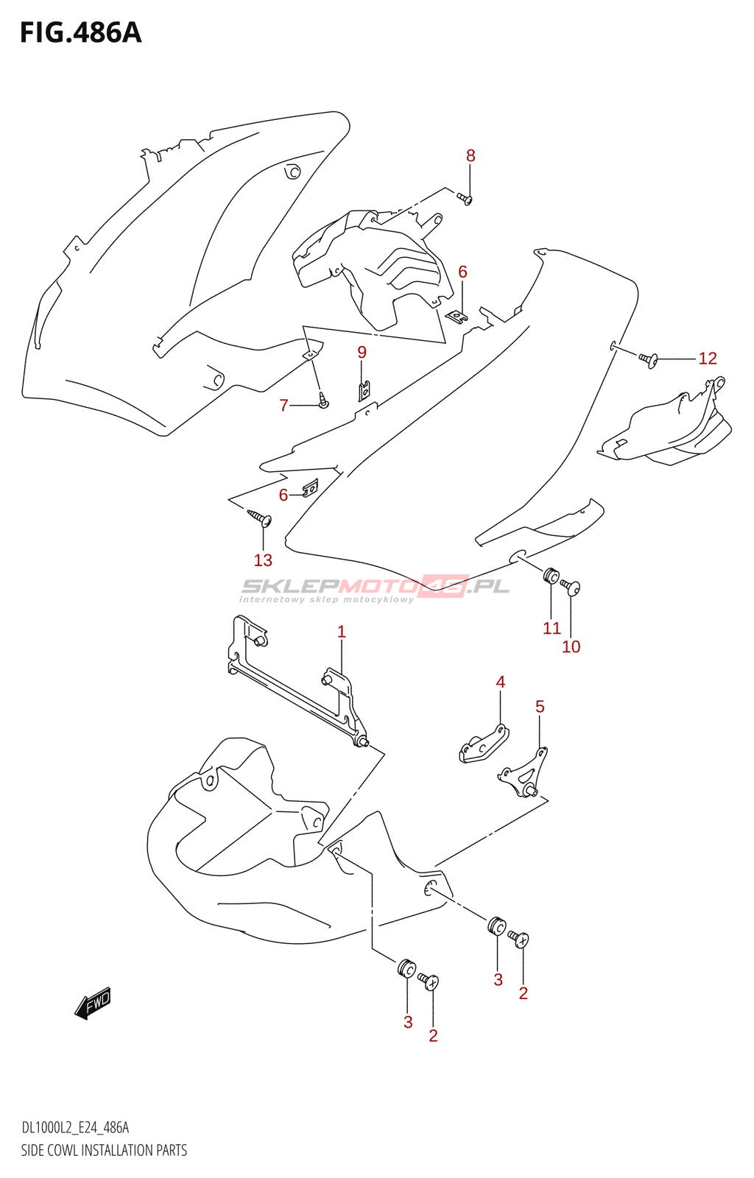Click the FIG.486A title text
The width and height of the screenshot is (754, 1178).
pyautogui.click(x=80, y=33)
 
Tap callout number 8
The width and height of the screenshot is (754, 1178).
pyautogui.click(x=471, y=156)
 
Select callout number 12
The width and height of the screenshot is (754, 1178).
pyautogui.click(x=707, y=359)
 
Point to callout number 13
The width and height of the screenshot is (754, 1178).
pyautogui.click(x=263, y=560)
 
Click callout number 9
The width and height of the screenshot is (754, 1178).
pyautogui.click(x=362, y=353)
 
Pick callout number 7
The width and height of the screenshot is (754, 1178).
pyautogui.click(x=283, y=406)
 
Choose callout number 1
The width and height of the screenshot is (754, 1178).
pyautogui.click(x=341, y=632)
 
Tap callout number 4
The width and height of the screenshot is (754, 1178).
pyautogui.click(x=500, y=683)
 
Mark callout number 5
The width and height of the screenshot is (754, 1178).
pyautogui.click(x=540, y=707)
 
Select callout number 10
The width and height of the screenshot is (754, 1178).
pyautogui.click(x=571, y=647)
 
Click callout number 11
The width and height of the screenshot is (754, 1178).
pyautogui.click(x=552, y=628)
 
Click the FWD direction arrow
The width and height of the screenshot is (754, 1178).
pyautogui.click(x=94, y=1004)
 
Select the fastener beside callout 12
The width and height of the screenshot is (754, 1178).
pyautogui.click(x=648, y=359)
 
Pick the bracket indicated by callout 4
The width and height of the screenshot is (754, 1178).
pyautogui.click(x=483, y=744)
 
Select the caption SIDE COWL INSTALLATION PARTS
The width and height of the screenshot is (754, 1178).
pyautogui.click(x=104, y=1150)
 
